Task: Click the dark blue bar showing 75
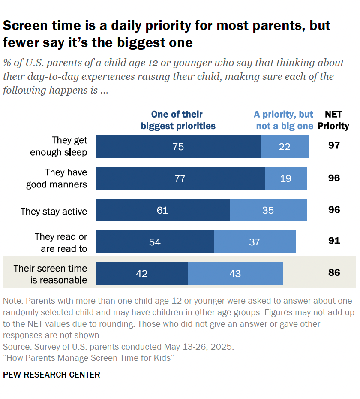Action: tap(178, 146)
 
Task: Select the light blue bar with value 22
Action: tap(285, 146)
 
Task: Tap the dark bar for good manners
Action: tap(180, 178)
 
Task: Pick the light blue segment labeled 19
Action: tap(286, 178)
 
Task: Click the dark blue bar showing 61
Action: tap(162, 210)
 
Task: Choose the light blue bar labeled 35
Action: tap(268, 210)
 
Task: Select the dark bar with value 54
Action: tap(155, 242)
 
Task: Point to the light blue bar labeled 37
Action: tap(255, 242)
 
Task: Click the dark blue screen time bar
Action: tap(141, 273)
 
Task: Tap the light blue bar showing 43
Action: tap(235, 273)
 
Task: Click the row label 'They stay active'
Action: tap(54, 211)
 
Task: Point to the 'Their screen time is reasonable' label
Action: tap(50, 274)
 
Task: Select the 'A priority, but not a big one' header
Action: tap(283, 120)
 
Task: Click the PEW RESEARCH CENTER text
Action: tap(51, 375)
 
